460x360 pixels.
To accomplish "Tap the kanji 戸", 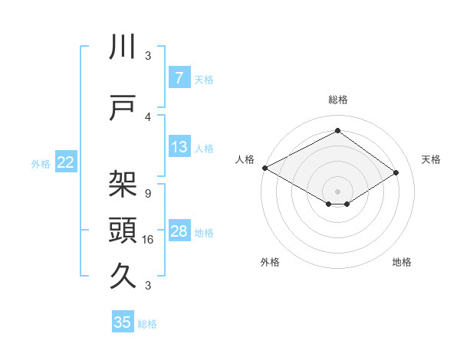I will (x=123, y=110).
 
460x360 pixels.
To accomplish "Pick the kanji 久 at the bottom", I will (x=123, y=274).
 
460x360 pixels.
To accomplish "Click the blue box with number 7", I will (x=179, y=78).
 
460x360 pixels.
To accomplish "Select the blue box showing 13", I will (x=179, y=147).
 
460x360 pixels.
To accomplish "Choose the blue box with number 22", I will (x=66, y=162).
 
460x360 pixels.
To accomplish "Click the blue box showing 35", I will (x=123, y=322).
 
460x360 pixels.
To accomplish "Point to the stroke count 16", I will (x=149, y=240).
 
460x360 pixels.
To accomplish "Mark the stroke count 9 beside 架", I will (x=147, y=193).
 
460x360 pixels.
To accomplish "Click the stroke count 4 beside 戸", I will (x=147, y=117).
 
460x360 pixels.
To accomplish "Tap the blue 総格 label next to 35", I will (x=147, y=323).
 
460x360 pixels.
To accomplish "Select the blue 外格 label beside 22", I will (x=41, y=163).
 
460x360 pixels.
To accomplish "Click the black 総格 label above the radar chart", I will (x=337, y=100).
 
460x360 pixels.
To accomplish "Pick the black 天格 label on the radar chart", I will (x=431, y=159).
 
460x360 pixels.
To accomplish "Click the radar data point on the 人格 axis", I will (x=264, y=167).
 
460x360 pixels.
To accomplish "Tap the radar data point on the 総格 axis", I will (x=337, y=131).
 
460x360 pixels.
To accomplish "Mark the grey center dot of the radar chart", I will (x=337, y=191).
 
